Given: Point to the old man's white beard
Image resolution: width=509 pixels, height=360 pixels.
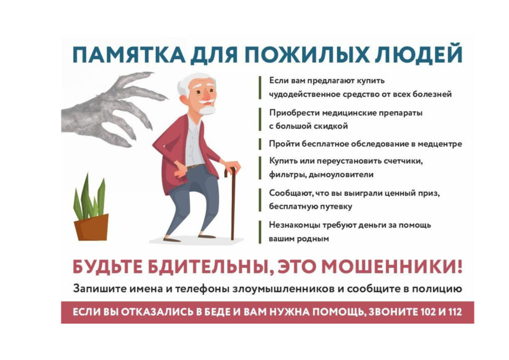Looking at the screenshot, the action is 207,110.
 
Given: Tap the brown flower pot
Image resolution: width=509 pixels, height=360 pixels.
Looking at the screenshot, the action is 92,228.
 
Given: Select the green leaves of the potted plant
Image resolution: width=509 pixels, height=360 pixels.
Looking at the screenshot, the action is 89,197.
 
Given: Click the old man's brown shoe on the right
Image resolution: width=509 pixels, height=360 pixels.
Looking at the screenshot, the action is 207,236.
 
